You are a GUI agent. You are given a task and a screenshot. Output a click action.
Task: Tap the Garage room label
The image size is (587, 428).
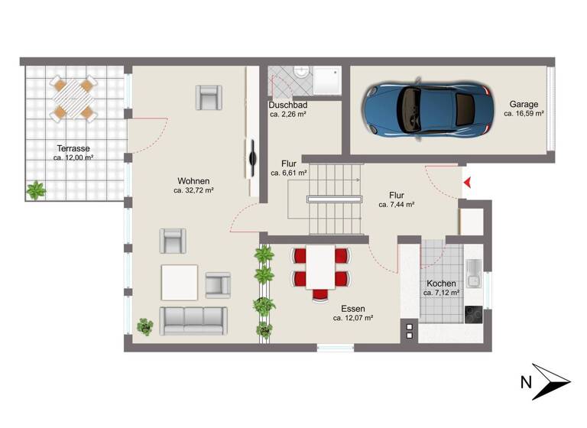(x=524, y=105)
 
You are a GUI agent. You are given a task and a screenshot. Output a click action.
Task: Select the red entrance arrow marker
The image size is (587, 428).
(x=468, y=182)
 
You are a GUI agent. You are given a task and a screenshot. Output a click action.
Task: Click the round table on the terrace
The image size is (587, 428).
(x=73, y=98)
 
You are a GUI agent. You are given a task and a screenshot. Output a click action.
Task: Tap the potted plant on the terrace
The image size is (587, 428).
(x=35, y=190)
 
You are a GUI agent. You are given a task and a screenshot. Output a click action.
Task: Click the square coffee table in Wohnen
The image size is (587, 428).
(x=179, y=282)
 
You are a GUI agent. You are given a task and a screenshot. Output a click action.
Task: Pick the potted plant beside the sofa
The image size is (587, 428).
(x=144, y=326)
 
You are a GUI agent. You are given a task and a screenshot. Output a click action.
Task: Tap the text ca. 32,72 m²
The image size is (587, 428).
(x=193, y=190)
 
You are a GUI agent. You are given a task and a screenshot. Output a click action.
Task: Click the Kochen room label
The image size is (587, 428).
(x=441, y=284)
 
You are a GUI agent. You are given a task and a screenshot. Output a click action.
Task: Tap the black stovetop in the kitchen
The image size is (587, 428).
(x=474, y=314)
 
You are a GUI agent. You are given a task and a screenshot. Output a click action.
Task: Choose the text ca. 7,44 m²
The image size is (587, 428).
(x=397, y=205)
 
